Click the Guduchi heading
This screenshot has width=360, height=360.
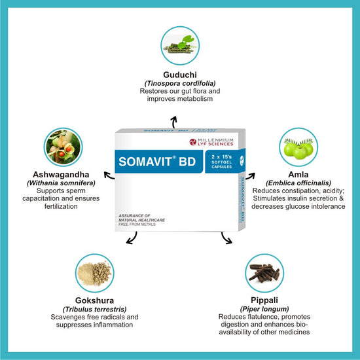180,75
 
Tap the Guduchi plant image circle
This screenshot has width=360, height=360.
180,46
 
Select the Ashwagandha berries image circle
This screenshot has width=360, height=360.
63,147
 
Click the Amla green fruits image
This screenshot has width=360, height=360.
298,147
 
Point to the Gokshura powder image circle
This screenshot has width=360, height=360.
95,273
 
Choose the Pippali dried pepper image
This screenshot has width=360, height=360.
264,273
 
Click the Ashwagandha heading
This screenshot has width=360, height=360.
61,175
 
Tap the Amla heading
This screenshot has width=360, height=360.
298,175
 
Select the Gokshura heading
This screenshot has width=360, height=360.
95,300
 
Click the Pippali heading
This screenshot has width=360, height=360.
264,300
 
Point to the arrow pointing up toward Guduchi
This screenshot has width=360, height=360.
174,122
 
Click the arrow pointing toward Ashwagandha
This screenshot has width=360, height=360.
109,175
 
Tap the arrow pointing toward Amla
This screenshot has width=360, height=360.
251,176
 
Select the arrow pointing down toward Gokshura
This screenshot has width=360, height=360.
133,239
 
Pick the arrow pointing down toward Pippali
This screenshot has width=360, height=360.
225,239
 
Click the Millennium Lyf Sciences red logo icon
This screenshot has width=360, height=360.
192,142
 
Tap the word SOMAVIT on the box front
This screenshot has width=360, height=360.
145,162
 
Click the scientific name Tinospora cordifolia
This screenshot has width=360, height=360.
180,83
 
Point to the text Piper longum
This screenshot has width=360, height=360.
264,309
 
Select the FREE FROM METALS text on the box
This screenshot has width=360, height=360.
137,225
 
